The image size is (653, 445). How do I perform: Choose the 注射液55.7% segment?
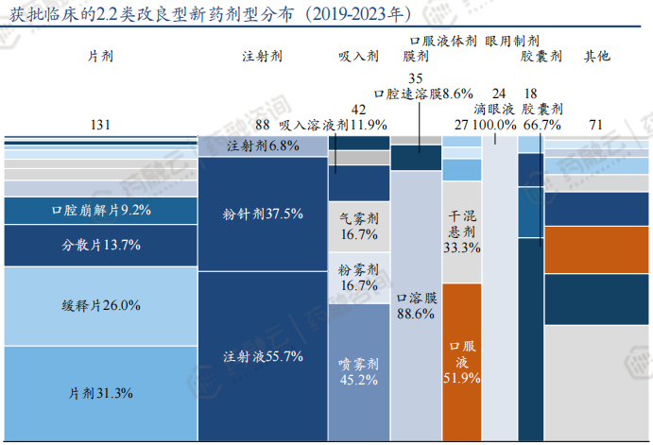[x=262, y=357]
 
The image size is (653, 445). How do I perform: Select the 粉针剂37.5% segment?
[x=262, y=214]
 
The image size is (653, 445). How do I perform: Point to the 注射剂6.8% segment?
[x=262, y=145]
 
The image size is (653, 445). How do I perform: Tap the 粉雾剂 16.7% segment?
[x=358, y=278]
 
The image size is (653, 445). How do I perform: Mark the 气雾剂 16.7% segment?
[x=358, y=227]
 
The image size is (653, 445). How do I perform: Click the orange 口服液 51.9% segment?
[x=462, y=362]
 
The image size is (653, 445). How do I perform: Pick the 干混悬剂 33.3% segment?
[x=462, y=232]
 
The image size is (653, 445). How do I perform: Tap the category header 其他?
[x=596, y=57]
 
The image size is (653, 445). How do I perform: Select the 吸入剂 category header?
[x=358, y=57]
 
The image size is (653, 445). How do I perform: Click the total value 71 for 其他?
[x=595, y=124]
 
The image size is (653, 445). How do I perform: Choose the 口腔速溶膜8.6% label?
[x=423, y=94]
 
